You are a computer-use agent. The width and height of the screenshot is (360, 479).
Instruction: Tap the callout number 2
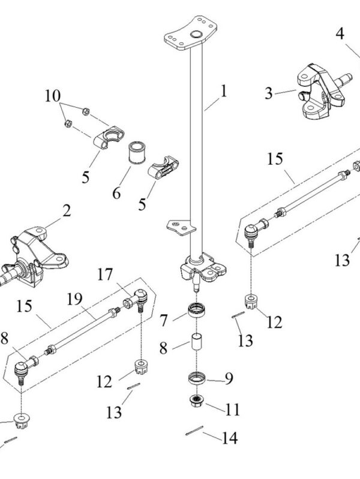(66, 210)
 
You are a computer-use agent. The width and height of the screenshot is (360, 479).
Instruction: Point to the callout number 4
(340, 34)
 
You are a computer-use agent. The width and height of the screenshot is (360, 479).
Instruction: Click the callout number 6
(116, 193)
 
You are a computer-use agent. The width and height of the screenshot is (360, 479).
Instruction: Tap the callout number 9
(228, 378)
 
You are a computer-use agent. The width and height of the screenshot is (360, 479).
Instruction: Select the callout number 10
(52, 95)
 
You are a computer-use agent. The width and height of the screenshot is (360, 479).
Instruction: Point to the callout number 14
(229, 438)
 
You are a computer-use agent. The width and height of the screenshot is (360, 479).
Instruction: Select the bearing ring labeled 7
(197, 311)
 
